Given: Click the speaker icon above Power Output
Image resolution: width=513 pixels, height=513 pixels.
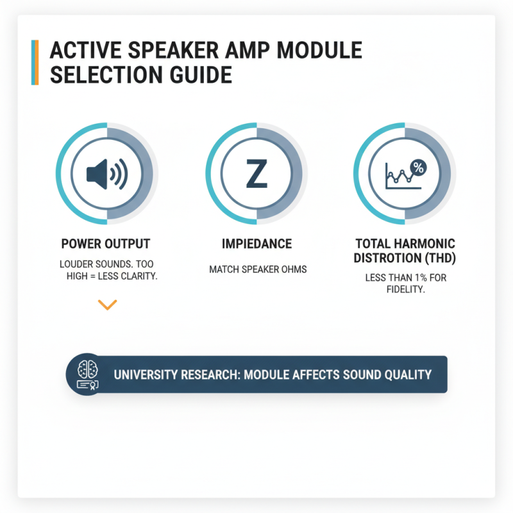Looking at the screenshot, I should (106, 173).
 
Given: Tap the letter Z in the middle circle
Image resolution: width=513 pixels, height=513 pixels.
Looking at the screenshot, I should (256, 174).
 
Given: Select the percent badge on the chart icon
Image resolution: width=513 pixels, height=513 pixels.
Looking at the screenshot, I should (418, 167).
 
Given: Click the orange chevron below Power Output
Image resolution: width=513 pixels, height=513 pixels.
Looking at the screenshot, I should (107, 305).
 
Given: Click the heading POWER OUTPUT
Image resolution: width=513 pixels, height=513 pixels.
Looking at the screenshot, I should (106, 244).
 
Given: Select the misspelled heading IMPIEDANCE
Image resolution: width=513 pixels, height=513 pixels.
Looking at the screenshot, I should (256, 244).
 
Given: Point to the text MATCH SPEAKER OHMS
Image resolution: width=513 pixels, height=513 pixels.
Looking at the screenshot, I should (258, 269).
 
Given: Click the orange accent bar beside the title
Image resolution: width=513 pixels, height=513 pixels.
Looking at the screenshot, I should (36, 62).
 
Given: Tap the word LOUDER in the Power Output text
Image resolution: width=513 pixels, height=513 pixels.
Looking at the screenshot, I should (78, 264).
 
